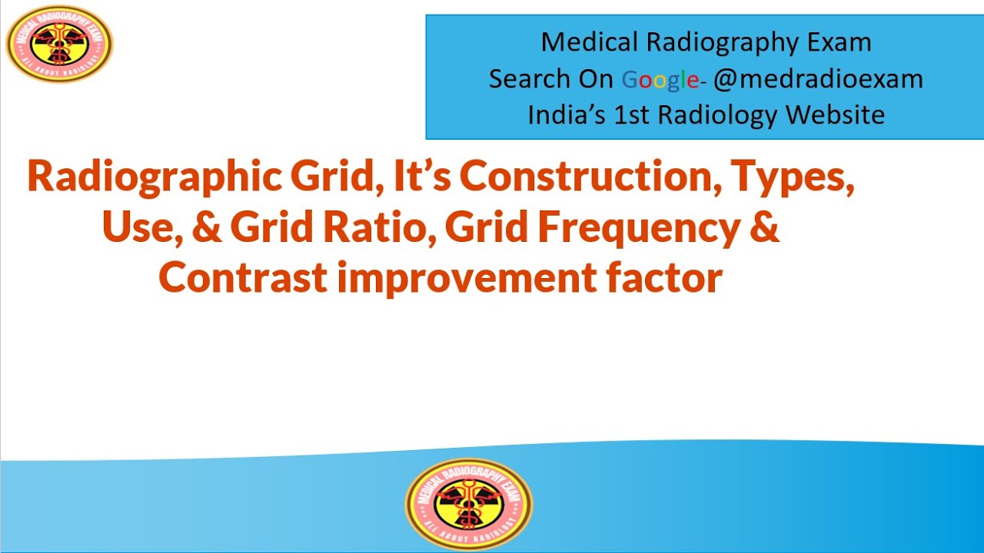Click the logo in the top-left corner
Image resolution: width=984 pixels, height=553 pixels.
59,44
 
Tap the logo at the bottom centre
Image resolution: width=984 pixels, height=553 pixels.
468,504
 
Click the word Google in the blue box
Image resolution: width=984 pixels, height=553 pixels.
660,78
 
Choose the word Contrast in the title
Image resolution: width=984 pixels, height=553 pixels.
244,277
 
